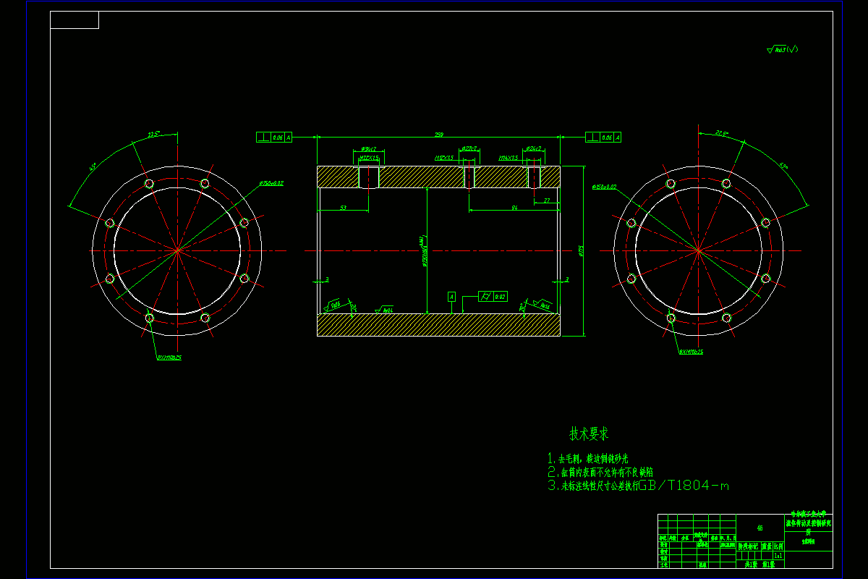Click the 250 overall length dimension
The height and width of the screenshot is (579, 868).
[438, 134]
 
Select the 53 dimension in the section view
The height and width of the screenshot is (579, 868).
[343, 208]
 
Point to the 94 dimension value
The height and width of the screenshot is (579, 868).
[514, 208]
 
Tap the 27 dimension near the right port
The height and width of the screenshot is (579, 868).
[546, 200]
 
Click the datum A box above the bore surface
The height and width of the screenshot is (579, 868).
[451, 297]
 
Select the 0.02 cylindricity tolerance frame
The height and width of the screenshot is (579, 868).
[493, 296]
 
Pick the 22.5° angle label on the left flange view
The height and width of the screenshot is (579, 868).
[153, 135]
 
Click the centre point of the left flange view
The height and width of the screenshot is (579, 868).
[177, 250]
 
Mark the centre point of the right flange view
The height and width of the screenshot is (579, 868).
[698, 250]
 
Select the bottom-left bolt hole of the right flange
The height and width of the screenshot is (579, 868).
[671, 318]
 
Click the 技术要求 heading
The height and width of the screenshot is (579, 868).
[589, 434]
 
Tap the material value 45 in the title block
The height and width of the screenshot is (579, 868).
[759, 528]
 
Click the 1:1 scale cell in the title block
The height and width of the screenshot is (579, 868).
[778, 556]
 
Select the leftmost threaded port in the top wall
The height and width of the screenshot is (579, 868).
[369, 177]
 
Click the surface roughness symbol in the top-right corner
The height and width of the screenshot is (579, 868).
[782, 50]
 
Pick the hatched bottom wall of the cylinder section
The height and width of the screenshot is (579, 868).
[438, 325]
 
